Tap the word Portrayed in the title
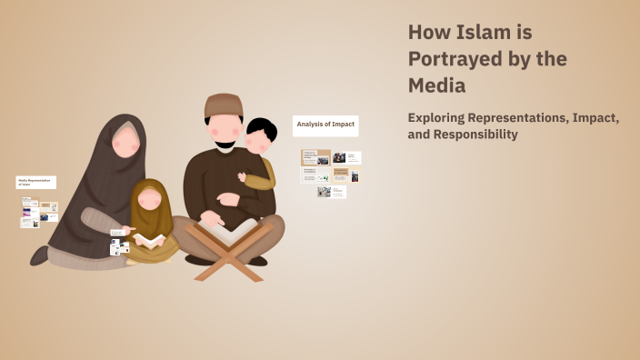455,59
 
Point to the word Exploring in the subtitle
439,118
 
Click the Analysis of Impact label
325,123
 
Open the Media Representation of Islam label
35,182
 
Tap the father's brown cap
224,105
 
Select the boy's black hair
261,130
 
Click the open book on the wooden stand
229,231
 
